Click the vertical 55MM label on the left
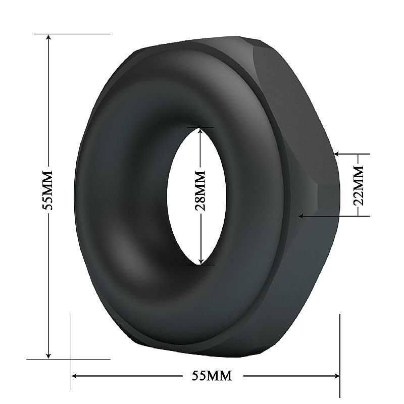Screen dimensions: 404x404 tap(48, 190)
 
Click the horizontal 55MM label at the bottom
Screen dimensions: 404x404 tap(212, 376)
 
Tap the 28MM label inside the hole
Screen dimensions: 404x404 tap(200, 190)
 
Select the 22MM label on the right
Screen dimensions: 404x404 tap(358, 185)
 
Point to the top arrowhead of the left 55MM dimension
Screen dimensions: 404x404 tap(48, 37)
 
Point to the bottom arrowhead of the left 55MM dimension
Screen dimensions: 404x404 tap(48, 356)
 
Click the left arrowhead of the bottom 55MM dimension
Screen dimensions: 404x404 tap(74, 376)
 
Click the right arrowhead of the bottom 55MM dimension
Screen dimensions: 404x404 tap(336, 376)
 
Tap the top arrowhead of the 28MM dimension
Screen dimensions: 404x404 tap(201, 131)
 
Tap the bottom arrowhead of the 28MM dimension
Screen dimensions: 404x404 tap(201, 261)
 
